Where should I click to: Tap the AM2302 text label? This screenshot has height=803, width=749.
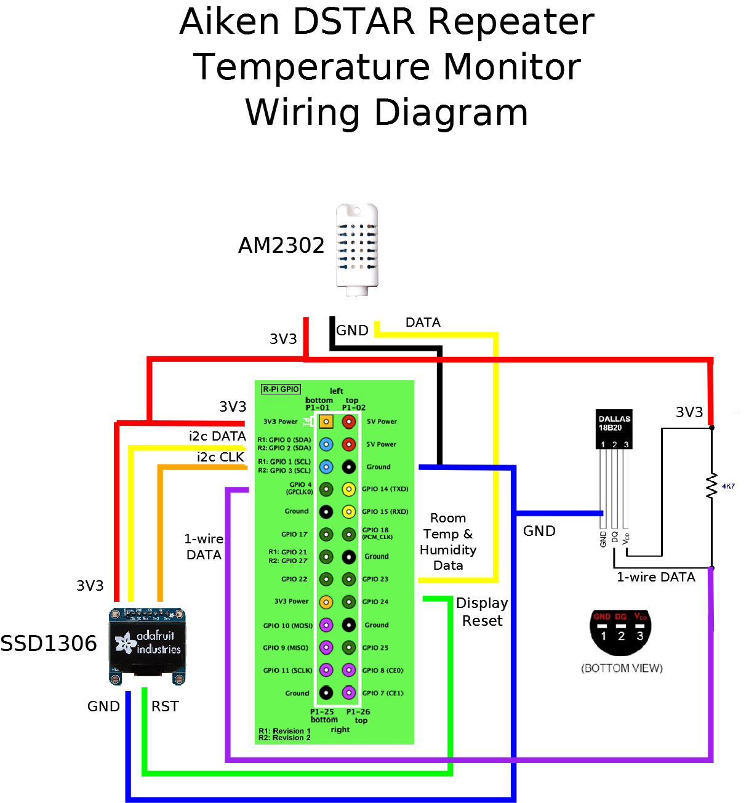pyautogui.click(x=281, y=246)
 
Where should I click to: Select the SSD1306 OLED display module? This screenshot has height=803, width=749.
pyautogui.click(x=147, y=646)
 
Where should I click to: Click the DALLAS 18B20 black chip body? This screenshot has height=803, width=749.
pyautogui.click(x=614, y=429)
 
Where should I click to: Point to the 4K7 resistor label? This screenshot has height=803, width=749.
pyautogui.click(x=728, y=486)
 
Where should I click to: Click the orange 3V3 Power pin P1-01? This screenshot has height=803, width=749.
pyautogui.click(x=326, y=421)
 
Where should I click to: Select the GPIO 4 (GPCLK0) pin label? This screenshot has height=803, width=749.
pyautogui.click(x=300, y=488)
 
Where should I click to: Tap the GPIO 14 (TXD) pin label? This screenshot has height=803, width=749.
pyautogui.click(x=385, y=489)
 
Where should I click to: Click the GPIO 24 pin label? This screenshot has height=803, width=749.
pyautogui.click(x=375, y=602)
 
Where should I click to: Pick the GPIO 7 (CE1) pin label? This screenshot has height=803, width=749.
pyautogui.click(x=382, y=693)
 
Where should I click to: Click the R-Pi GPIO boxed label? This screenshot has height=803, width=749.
pyautogui.click(x=281, y=389)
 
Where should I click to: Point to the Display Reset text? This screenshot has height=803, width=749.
pyautogui.click(x=482, y=612)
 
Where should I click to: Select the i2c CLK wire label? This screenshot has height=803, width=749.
pyautogui.click(x=220, y=457)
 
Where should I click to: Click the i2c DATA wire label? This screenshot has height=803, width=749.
pyautogui.click(x=217, y=436)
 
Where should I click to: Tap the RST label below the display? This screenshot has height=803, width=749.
pyautogui.click(x=165, y=706)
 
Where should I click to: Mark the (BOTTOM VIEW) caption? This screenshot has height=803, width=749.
pyautogui.click(x=622, y=668)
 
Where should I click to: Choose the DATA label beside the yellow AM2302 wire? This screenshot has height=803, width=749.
pyautogui.click(x=423, y=322)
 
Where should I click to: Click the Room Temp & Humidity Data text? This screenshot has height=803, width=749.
pyautogui.click(x=448, y=541)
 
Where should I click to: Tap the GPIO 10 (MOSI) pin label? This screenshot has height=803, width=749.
pyautogui.click(x=287, y=625)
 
